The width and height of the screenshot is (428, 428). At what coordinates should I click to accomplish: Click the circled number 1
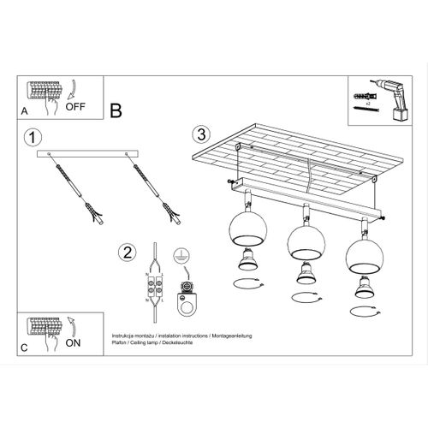(32, 138)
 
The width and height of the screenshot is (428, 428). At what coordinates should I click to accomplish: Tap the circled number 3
(199, 134)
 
